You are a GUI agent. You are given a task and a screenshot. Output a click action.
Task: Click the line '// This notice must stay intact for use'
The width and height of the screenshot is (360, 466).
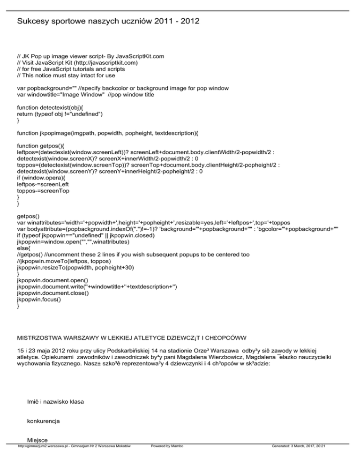pos(66,75)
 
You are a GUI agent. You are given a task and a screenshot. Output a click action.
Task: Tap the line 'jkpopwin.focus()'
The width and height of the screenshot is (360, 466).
pos(39,300)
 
